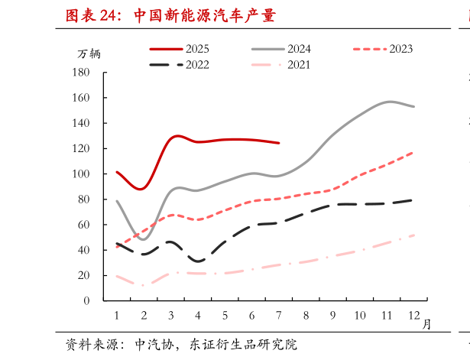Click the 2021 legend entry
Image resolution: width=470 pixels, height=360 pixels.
pyautogui.click(x=299, y=65)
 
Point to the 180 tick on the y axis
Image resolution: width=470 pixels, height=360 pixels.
pyautogui.click(x=81, y=73)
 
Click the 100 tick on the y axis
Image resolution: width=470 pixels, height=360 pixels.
pyautogui.click(x=81, y=174)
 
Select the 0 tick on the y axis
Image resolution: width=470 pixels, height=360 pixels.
pyautogui.click(x=86, y=301)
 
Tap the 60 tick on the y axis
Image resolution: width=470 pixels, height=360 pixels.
pyautogui.click(x=83, y=225)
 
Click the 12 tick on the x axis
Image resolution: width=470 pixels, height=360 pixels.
pyautogui.click(x=413, y=316)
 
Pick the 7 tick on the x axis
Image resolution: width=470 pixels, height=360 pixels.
pyautogui.click(x=278, y=316)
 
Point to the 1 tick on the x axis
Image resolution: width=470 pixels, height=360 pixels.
pyautogui.click(x=116, y=316)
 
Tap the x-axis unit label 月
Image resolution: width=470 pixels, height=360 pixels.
pyautogui.click(x=426, y=324)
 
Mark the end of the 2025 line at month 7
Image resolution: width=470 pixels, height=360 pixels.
pyautogui.click(x=278, y=143)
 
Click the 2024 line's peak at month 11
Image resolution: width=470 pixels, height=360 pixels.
pyautogui.click(x=390, y=101)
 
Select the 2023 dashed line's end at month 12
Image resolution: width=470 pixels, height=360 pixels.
pyautogui.click(x=413, y=152)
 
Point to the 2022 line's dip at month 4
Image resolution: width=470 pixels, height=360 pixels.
pyautogui.click(x=198, y=261)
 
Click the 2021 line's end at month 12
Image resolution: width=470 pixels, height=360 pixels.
pyautogui.click(x=413, y=235)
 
